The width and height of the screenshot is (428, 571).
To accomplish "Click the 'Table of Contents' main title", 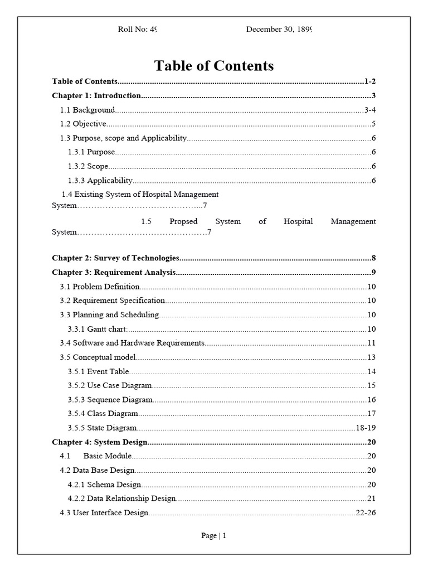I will click(x=214, y=66).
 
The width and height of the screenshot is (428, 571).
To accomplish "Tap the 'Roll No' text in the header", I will click(x=132, y=30).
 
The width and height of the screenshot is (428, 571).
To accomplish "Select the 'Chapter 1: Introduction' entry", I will click(x=96, y=95).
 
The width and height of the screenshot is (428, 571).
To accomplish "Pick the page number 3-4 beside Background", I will click(x=370, y=110).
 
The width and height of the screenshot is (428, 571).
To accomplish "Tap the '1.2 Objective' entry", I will click(x=83, y=124).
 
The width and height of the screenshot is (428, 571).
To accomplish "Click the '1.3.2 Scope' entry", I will click(x=88, y=166).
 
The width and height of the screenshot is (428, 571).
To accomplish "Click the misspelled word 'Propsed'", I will click(x=183, y=221).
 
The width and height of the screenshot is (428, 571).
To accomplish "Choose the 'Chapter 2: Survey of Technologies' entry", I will click(x=115, y=258).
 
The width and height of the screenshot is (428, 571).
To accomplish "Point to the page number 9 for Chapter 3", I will click(x=373, y=273).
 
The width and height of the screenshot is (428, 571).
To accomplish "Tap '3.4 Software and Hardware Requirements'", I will click(x=132, y=343).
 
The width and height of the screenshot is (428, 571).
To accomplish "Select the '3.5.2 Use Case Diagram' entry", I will click(x=110, y=385).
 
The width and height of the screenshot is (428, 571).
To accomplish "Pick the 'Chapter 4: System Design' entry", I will click(x=100, y=442).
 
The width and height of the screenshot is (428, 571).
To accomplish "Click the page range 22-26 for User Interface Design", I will click(x=366, y=513).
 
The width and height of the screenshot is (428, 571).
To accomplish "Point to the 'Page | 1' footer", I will click(x=214, y=536).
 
